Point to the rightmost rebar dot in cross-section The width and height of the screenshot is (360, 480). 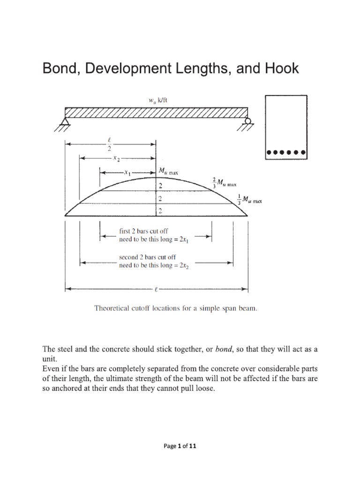click(303, 152)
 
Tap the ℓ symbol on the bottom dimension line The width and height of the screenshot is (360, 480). click(156, 289)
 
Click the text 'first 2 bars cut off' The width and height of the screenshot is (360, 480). click(143, 231)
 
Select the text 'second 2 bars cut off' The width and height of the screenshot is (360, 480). click(147, 257)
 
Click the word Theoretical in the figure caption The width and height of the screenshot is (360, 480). click(115, 308)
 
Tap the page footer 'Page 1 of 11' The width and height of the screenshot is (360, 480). click(180, 446)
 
